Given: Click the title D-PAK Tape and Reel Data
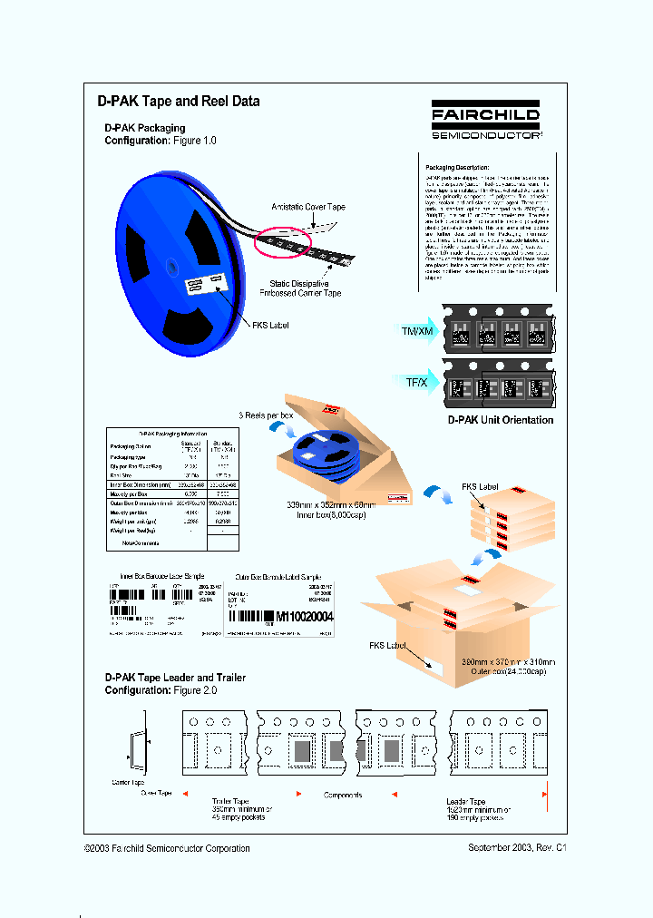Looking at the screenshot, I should point(179,102).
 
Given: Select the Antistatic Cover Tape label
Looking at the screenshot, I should point(308,208).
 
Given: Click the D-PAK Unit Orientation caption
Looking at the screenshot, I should point(501,420).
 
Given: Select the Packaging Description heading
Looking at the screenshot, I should point(457,168).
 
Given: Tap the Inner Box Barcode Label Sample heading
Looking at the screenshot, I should point(162,576).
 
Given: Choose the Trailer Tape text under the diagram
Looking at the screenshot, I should point(230,801).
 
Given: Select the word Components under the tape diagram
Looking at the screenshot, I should point(343,795).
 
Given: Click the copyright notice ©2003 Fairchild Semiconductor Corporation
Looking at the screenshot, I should point(167,848).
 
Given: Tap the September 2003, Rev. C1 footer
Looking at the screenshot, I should point(517,848).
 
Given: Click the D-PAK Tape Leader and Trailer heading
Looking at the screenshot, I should point(175,678).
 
